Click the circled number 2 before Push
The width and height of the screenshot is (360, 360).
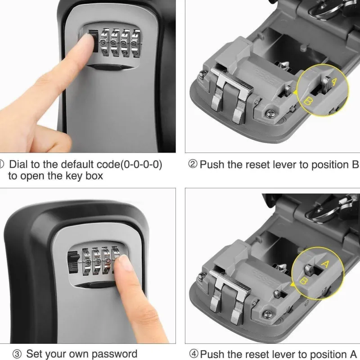point(193,164)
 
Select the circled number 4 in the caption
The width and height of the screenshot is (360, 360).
point(193,354)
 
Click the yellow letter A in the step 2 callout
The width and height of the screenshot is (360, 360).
point(333,81)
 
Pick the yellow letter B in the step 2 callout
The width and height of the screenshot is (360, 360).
point(307,101)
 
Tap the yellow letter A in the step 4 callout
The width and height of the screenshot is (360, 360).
point(325,264)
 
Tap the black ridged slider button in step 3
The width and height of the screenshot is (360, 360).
point(73,262)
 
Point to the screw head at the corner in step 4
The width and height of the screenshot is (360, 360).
point(267,314)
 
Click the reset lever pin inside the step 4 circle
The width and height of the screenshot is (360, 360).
point(309,268)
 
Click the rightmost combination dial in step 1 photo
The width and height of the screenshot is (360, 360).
point(136,43)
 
